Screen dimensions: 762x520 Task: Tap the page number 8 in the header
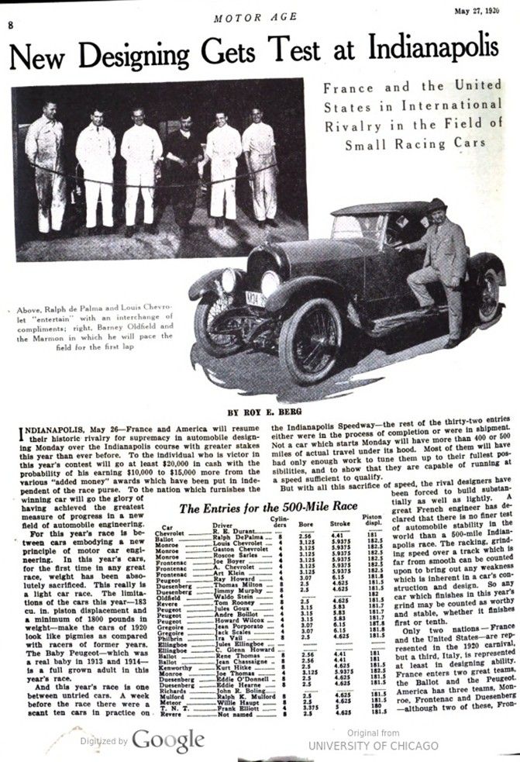click(10, 24)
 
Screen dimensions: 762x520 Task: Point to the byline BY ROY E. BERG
click(260, 412)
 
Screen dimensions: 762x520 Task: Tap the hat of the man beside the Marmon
click(437, 204)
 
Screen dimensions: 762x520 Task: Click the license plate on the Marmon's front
click(255, 298)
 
